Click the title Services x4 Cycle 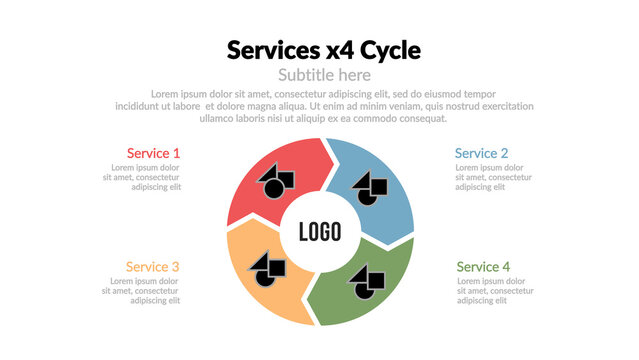324,50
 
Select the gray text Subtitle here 324,75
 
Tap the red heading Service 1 153,153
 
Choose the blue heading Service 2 481,153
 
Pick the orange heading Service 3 152,267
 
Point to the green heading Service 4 483,267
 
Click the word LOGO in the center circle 320,232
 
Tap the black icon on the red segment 275,182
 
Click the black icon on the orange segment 267,266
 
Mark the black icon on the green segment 367,281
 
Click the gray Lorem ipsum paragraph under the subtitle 324,106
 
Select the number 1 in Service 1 177,153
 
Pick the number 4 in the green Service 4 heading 506,267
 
